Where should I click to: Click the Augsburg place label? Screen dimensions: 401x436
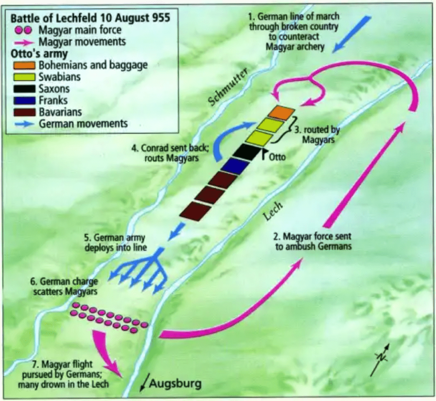(x=175, y=383)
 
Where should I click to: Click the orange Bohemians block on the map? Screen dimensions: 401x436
(x=281, y=113)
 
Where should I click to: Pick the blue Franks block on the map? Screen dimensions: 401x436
(x=235, y=166)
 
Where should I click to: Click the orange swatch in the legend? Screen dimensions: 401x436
(x=23, y=65)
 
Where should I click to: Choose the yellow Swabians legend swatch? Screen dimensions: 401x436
(x=23, y=77)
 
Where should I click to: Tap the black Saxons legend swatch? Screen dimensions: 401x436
(x=23, y=89)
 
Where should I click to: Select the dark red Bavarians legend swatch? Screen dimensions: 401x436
(x=23, y=112)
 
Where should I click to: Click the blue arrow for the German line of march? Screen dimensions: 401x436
(x=351, y=35)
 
